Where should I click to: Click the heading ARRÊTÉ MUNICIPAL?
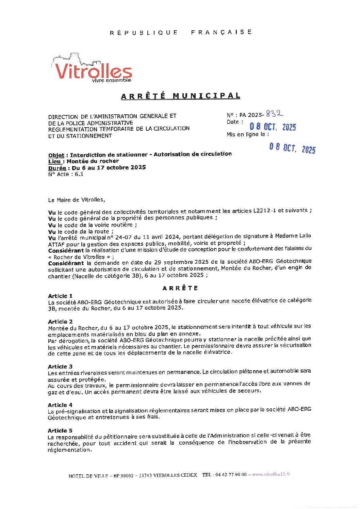(180, 96)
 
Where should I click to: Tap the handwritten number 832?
(275, 114)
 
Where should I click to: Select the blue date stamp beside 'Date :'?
(273, 127)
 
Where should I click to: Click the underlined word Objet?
(56, 155)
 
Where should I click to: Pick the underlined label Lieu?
(54, 161)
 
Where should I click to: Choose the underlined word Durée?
(57, 168)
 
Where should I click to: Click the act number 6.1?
(79, 174)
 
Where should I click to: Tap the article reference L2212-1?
(265, 211)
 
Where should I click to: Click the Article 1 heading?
(60, 296)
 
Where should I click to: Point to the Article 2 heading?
(60, 322)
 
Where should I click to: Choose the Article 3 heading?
(60, 366)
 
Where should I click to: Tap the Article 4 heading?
(60, 405)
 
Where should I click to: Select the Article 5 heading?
(60, 430)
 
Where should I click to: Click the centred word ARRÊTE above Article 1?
(180, 288)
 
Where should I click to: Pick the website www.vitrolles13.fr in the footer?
(271, 474)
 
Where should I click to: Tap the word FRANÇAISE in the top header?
(221, 32)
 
